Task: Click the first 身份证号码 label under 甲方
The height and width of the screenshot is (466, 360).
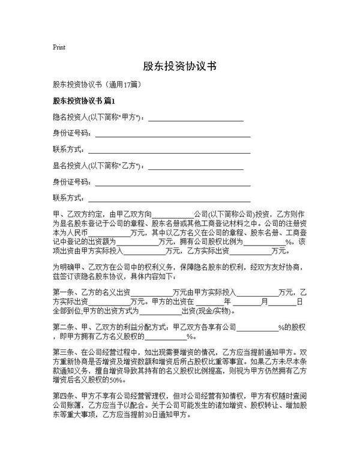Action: (70, 133)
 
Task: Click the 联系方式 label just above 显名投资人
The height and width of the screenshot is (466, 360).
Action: (68, 149)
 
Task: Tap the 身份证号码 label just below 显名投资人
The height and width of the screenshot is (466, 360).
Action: (70, 181)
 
